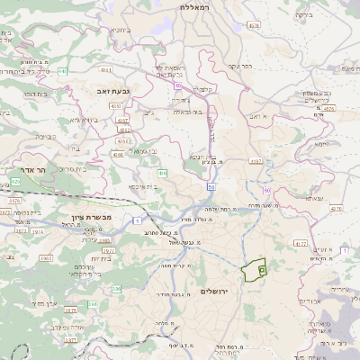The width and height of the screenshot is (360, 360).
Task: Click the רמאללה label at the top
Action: point(194,6)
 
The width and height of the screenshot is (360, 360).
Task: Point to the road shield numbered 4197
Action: point(256,161)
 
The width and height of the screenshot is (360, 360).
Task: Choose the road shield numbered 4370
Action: point(337,208)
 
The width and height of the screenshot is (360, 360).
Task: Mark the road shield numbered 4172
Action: point(301,243)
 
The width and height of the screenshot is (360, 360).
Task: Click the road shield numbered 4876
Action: point(328,107)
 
